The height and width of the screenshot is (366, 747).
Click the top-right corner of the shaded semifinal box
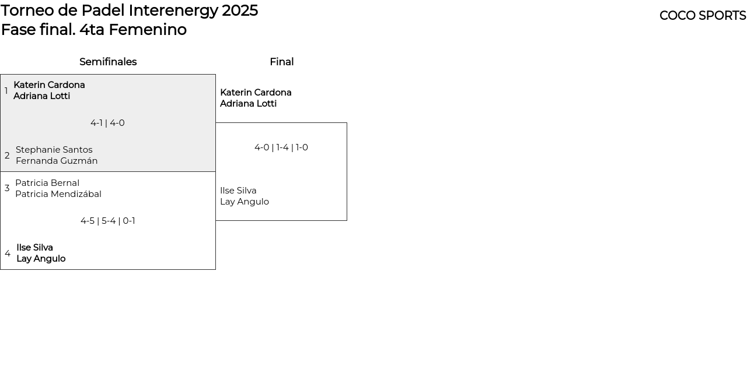coord(215,74)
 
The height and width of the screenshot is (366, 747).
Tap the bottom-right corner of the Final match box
coord(347,220)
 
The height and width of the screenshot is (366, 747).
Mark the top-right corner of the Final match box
coord(347,122)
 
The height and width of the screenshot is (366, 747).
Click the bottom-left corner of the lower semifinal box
coord(1,269)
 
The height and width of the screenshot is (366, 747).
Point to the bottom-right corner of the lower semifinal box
coord(215,269)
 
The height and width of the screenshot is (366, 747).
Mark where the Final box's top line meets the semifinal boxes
coord(215,122)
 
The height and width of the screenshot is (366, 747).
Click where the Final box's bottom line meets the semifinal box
coord(215,220)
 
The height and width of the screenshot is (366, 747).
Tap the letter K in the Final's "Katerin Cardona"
coord(223,92)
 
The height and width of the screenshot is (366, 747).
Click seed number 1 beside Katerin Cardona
coord(6,90)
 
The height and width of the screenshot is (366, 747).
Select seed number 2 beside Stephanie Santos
coord(7,156)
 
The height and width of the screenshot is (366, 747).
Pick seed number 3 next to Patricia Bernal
coord(7,188)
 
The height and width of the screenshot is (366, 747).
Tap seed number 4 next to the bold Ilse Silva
coord(8,254)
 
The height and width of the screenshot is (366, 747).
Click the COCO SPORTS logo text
coord(703,16)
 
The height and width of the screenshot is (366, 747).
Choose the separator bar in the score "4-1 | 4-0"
coord(106,123)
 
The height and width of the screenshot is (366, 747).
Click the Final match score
coord(281,147)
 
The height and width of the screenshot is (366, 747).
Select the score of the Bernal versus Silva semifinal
coord(108,221)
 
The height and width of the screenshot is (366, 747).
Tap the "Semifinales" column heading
coord(108,62)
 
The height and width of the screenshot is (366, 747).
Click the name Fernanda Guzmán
coord(57,161)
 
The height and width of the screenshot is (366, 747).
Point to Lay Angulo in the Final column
coord(245,202)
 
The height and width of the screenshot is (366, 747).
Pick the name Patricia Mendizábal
coord(58,194)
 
